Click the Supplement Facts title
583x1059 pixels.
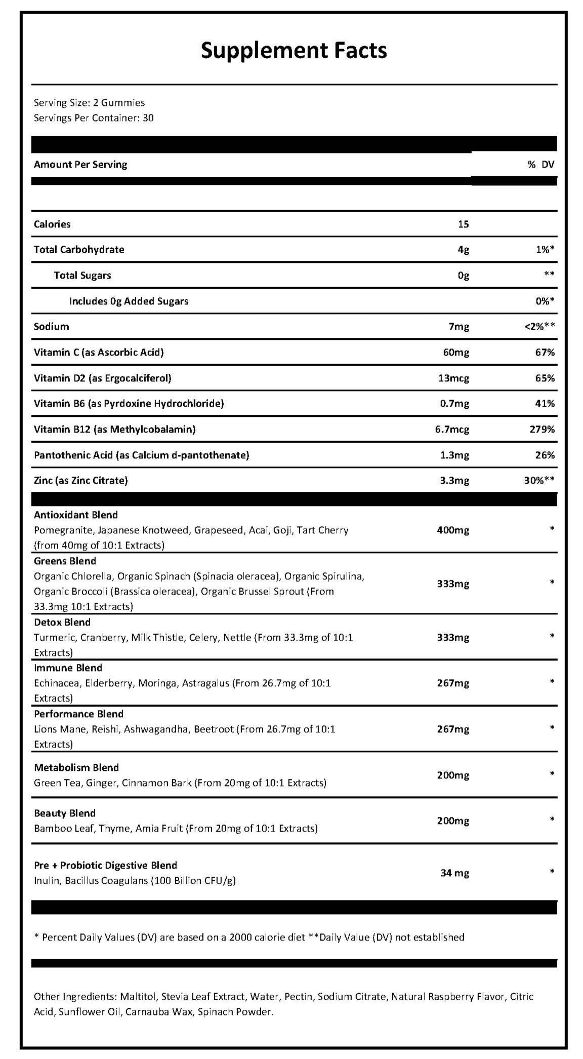click(x=294, y=51)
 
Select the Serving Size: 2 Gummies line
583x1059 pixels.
click(x=89, y=103)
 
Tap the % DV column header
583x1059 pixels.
click(x=540, y=165)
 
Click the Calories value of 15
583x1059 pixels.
click(x=463, y=224)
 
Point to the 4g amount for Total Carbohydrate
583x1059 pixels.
click(x=463, y=250)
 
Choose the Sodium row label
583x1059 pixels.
click(x=51, y=327)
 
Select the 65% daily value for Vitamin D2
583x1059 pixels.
click(x=545, y=378)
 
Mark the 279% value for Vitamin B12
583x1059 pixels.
click(x=542, y=429)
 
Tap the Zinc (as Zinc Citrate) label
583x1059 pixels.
click(x=80, y=481)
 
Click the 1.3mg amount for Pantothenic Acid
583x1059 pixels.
click(x=454, y=455)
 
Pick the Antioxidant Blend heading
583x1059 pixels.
click(x=75, y=515)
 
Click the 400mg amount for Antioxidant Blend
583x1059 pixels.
click(x=452, y=530)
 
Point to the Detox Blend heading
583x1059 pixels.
click(x=62, y=622)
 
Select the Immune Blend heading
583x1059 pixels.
click(x=68, y=668)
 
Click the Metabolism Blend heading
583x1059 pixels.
click(x=76, y=768)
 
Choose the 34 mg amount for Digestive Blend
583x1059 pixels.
click(x=454, y=873)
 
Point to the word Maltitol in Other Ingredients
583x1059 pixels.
click(x=138, y=997)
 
